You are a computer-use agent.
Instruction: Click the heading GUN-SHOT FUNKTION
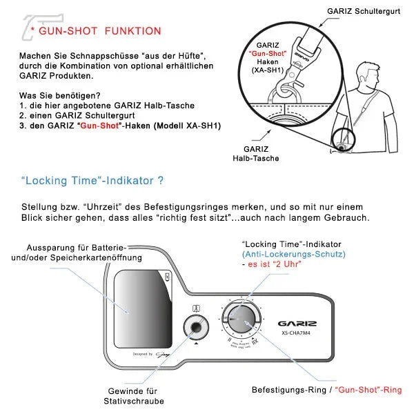(99, 31)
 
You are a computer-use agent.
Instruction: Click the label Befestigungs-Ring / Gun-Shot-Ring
(326, 390)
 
